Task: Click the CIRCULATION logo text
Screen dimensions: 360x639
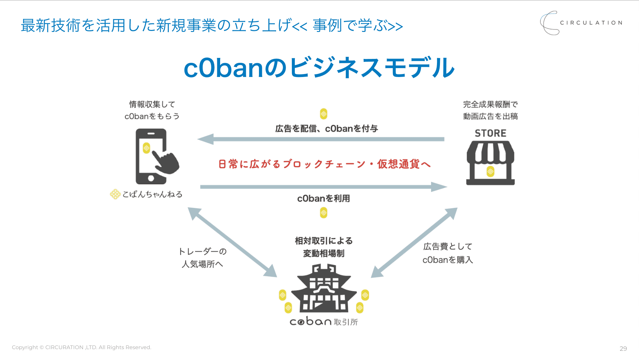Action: click(x=591, y=23)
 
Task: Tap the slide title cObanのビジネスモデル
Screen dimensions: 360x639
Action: click(x=319, y=68)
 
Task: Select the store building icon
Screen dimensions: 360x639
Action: click(x=490, y=163)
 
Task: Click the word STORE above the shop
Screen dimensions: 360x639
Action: click(x=490, y=133)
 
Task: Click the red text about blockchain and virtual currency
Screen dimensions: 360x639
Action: click(x=324, y=164)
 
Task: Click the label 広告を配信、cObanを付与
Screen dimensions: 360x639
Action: click(x=326, y=129)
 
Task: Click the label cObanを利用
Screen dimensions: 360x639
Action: click(x=323, y=198)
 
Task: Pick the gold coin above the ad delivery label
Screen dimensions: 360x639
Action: click(x=323, y=114)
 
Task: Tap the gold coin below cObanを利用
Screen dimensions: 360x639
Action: click(x=323, y=213)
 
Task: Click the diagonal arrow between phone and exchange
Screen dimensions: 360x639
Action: click(x=232, y=242)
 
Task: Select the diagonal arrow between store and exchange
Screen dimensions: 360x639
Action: click(x=414, y=243)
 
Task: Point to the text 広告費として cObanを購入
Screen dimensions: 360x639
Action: click(x=447, y=253)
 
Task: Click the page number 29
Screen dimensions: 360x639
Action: click(x=623, y=348)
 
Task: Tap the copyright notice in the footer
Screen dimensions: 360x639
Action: click(x=82, y=347)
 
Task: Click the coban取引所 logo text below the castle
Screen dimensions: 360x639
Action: click(x=324, y=321)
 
